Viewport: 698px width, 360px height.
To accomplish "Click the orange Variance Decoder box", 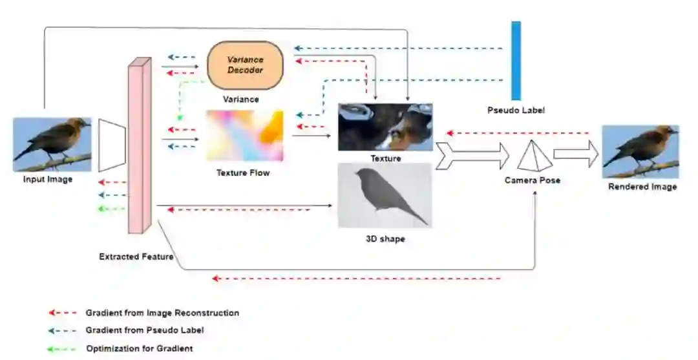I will point(245,65).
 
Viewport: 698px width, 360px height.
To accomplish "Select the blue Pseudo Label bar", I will point(516,61).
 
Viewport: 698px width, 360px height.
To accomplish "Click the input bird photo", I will point(52,144).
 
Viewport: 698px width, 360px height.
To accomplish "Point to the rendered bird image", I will point(640,152).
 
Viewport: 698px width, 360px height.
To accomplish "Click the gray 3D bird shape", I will point(385,195).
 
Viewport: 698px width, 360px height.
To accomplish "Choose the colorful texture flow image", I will point(244,136).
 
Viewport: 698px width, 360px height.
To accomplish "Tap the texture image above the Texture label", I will point(385,127).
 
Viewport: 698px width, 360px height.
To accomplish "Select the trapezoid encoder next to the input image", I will point(112,145).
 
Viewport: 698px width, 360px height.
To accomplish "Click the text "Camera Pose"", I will point(532,180).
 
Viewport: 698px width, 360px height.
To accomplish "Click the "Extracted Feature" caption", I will point(136,257).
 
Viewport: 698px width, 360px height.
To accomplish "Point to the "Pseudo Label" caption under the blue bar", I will point(516,111).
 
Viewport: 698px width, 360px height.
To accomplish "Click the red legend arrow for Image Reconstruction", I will point(63,313).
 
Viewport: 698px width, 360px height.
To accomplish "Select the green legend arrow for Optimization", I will point(63,349).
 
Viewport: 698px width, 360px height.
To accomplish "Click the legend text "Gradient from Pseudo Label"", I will point(145,331).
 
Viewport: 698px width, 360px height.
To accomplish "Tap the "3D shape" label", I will point(385,239).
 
